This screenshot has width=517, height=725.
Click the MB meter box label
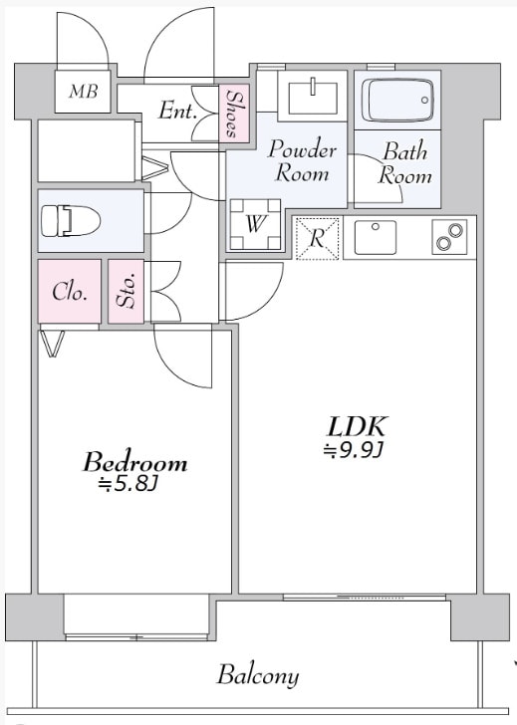[x=84, y=91]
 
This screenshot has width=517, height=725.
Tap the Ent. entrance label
[x=177, y=111]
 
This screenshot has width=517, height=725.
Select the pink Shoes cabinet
[x=234, y=114]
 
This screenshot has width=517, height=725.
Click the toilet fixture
[x=71, y=220]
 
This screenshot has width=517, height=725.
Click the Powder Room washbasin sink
[x=313, y=97]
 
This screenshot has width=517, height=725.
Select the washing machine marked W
[x=255, y=225]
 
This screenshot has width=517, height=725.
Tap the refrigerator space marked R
[x=317, y=238]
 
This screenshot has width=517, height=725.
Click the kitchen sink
[x=376, y=237]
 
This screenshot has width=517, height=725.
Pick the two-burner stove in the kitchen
[x=449, y=237]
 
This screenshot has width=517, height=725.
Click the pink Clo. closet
[x=70, y=291]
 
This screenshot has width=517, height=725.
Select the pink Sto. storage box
[x=127, y=291]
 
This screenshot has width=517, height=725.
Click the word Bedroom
[x=135, y=462]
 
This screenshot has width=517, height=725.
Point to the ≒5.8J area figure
[x=129, y=484]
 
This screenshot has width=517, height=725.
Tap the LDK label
[x=356, y=426]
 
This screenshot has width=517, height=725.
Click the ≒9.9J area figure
[x=354, y=450]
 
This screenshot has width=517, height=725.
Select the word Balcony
[x=258, y=675]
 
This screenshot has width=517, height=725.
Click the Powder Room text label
[x=302, y=161]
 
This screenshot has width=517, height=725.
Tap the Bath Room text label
[x=404, y=163]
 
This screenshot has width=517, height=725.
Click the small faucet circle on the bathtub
[x=424, y=100]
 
